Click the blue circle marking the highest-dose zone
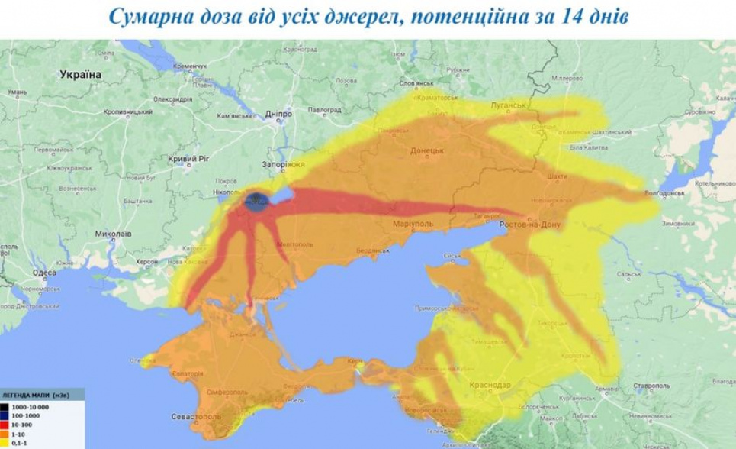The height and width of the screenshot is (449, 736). coord(256,201)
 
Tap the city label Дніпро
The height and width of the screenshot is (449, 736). coord(278,115)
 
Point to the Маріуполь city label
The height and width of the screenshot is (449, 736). coord(413,224)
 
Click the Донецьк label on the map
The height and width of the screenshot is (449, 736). coord(427,151)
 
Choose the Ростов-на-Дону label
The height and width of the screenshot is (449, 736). coord(531,225)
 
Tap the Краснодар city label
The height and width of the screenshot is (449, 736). coord(490,384)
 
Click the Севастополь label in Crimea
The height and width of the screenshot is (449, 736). coord(195,417)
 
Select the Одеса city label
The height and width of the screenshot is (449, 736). coord(45,273)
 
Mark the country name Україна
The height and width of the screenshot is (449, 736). coord(81,74)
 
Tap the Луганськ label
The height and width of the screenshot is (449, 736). coord(509,105)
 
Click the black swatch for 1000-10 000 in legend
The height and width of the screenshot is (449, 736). coord(5,409)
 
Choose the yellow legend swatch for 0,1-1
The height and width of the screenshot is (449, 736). coord(5,443)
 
